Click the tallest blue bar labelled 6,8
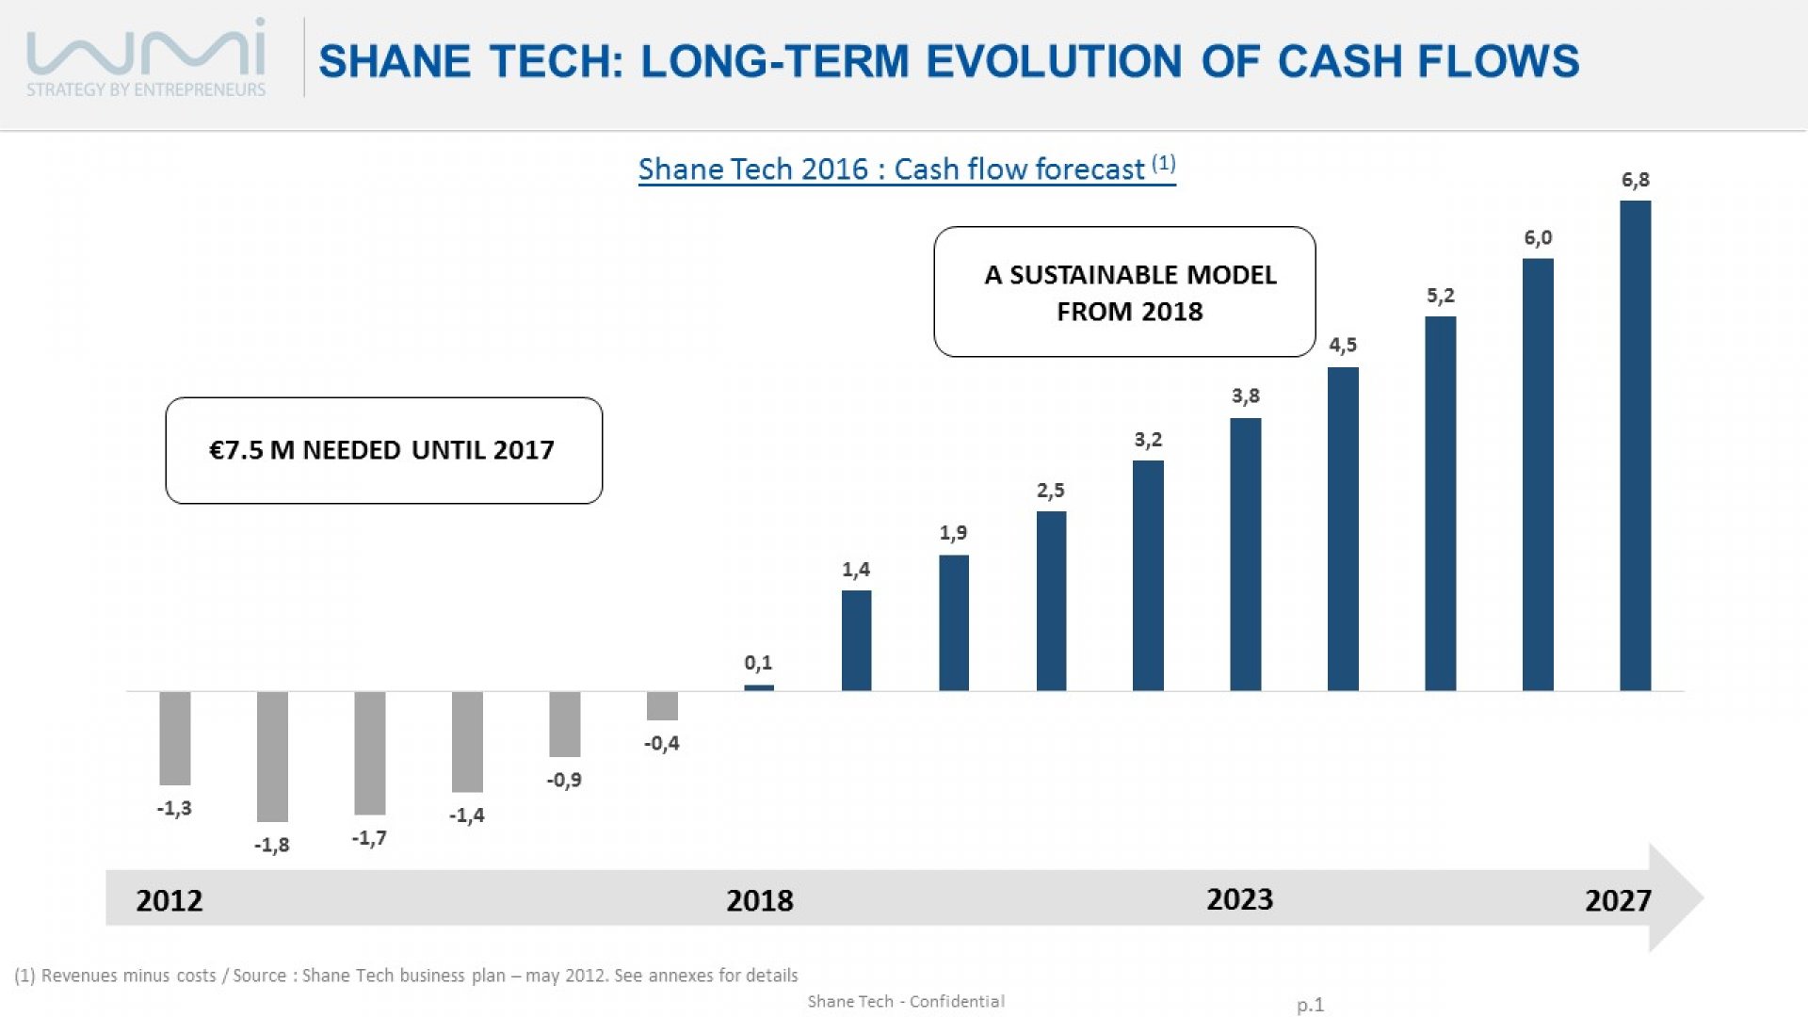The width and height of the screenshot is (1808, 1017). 1635,445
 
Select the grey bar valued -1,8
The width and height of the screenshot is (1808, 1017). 272,757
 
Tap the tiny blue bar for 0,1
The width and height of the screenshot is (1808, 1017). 759,687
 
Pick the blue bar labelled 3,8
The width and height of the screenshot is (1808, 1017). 1245,555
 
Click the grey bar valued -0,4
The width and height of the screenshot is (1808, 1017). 662,706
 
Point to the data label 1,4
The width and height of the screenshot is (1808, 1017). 856,570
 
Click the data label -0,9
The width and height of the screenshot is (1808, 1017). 564,780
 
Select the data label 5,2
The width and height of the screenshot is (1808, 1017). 1441,296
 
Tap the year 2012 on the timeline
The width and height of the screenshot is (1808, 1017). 169,900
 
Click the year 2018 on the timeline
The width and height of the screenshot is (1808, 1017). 760,900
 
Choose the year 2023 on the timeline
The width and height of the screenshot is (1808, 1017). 1240,899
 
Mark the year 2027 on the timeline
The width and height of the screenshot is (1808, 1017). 1618,900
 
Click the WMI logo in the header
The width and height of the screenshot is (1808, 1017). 146,56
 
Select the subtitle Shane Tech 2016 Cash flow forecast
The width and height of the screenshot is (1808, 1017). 907,169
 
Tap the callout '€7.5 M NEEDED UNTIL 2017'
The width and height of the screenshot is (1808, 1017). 384,450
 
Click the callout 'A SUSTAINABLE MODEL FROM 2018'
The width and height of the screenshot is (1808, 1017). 1124,292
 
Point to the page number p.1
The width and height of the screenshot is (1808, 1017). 1310,1005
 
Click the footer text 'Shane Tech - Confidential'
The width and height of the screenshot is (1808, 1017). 906,1001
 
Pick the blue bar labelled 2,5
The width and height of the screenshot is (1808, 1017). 1051,602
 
